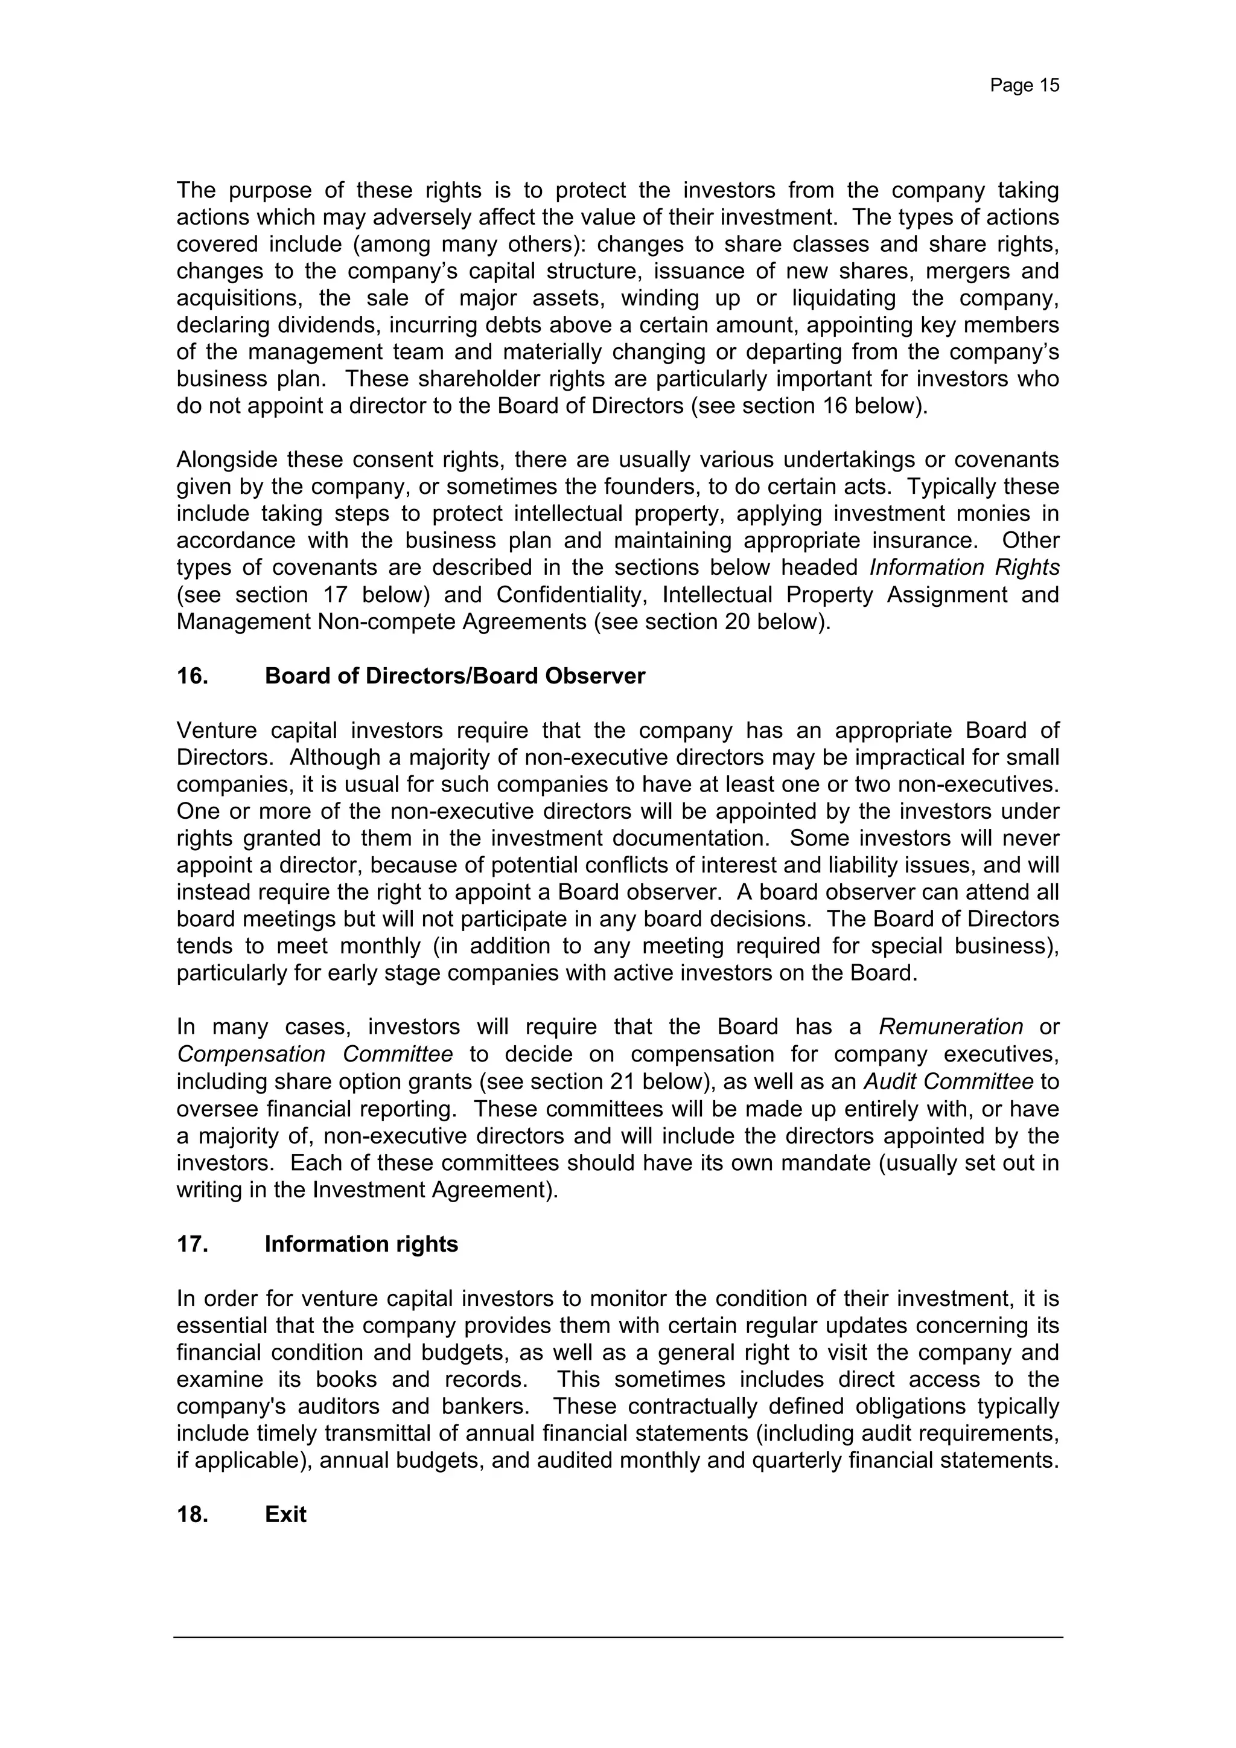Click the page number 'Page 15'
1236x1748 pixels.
click(1024, 85)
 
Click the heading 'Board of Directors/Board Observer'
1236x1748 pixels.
click(454, 676)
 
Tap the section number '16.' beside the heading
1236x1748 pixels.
click(193, 676)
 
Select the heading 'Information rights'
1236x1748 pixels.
click(361, 1244)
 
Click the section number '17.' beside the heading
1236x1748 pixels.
click(193, 1244)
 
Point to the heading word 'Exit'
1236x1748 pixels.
click(285, 1514)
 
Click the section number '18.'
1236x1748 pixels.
click(193, 1514)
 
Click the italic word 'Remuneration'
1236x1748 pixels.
click(951, 1027)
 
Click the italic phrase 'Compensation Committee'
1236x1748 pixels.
click(314, 1054)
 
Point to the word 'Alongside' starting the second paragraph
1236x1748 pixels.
click(225, 460)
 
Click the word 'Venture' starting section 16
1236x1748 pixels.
click(216, 730)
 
